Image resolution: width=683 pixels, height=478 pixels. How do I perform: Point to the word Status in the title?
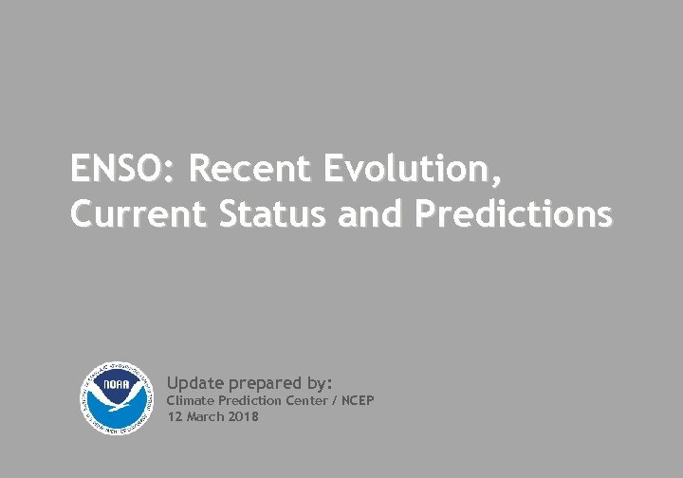point(270,214)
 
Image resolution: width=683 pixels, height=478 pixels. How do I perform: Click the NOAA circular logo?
point(114,397)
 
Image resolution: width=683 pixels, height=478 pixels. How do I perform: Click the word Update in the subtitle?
point(195,383)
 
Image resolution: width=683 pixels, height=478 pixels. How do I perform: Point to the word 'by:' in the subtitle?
point(320,383)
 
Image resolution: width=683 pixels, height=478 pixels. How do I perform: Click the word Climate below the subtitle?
point(190,401)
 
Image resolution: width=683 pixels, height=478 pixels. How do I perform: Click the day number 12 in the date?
point(174,416)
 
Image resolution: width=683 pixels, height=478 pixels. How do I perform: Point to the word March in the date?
point(203,416)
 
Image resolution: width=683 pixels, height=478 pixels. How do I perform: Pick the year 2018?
point(243,416)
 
